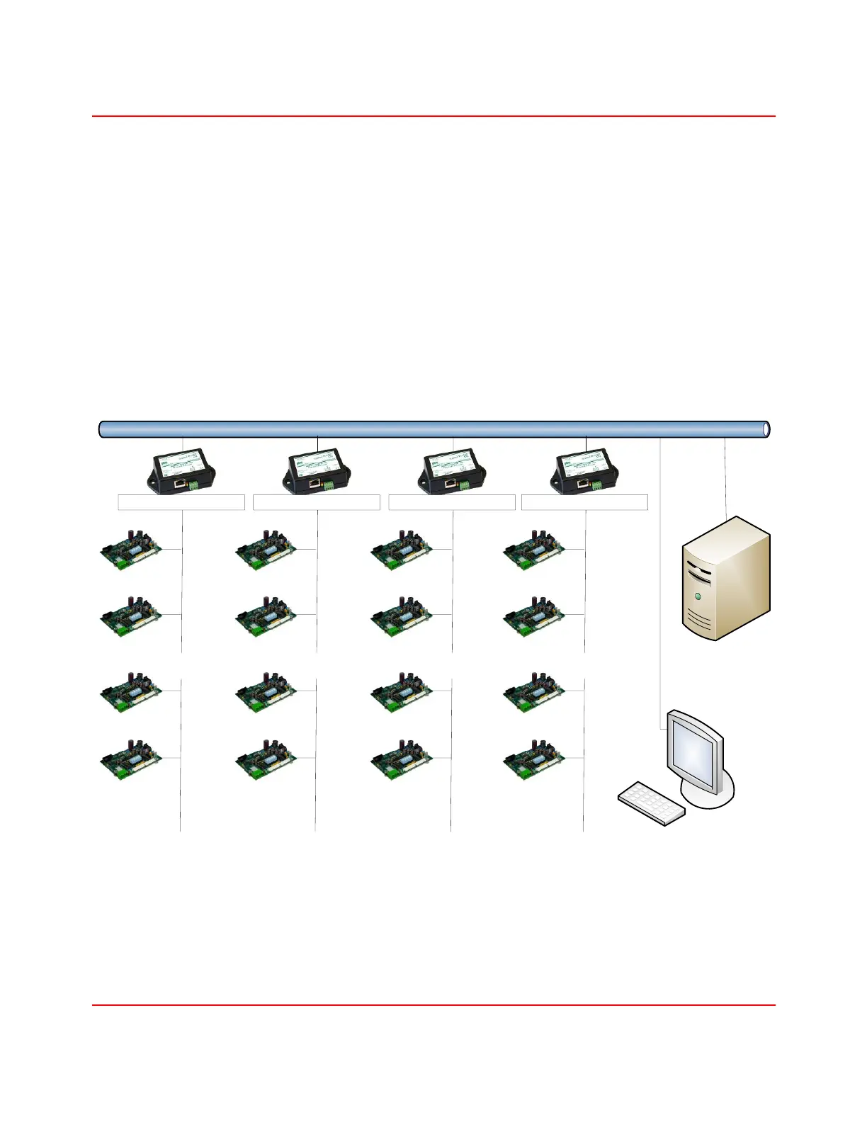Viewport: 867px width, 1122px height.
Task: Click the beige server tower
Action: click(725, 579)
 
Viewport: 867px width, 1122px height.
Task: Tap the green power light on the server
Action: click(698, 596)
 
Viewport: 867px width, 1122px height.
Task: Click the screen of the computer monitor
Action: click(693, 750)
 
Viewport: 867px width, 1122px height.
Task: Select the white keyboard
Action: click(652, 803)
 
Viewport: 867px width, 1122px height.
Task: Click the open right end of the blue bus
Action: click(766, 429)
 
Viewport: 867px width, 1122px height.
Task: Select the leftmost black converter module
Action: click(181, 470)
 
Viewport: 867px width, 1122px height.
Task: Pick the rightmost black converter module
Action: click(584, 470)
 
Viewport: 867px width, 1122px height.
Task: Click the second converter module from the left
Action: click(317, 470)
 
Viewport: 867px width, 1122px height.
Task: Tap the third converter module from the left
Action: click(452, 470)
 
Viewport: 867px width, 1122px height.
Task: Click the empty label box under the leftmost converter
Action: click(181, 502)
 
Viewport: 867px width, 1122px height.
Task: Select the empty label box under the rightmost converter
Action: click(584, 502)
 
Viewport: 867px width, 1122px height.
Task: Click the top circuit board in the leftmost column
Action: click(131, 550)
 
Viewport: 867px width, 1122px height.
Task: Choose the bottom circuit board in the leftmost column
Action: click(131, 759)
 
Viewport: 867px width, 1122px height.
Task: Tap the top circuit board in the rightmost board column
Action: click(535, 550)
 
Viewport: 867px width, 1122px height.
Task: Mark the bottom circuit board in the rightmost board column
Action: click(535, 759)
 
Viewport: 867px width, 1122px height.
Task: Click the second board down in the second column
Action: click(266, 616)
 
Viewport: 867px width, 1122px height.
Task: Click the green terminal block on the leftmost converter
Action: click(193, 486)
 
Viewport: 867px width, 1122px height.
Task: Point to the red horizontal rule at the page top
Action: click(433, 116)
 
